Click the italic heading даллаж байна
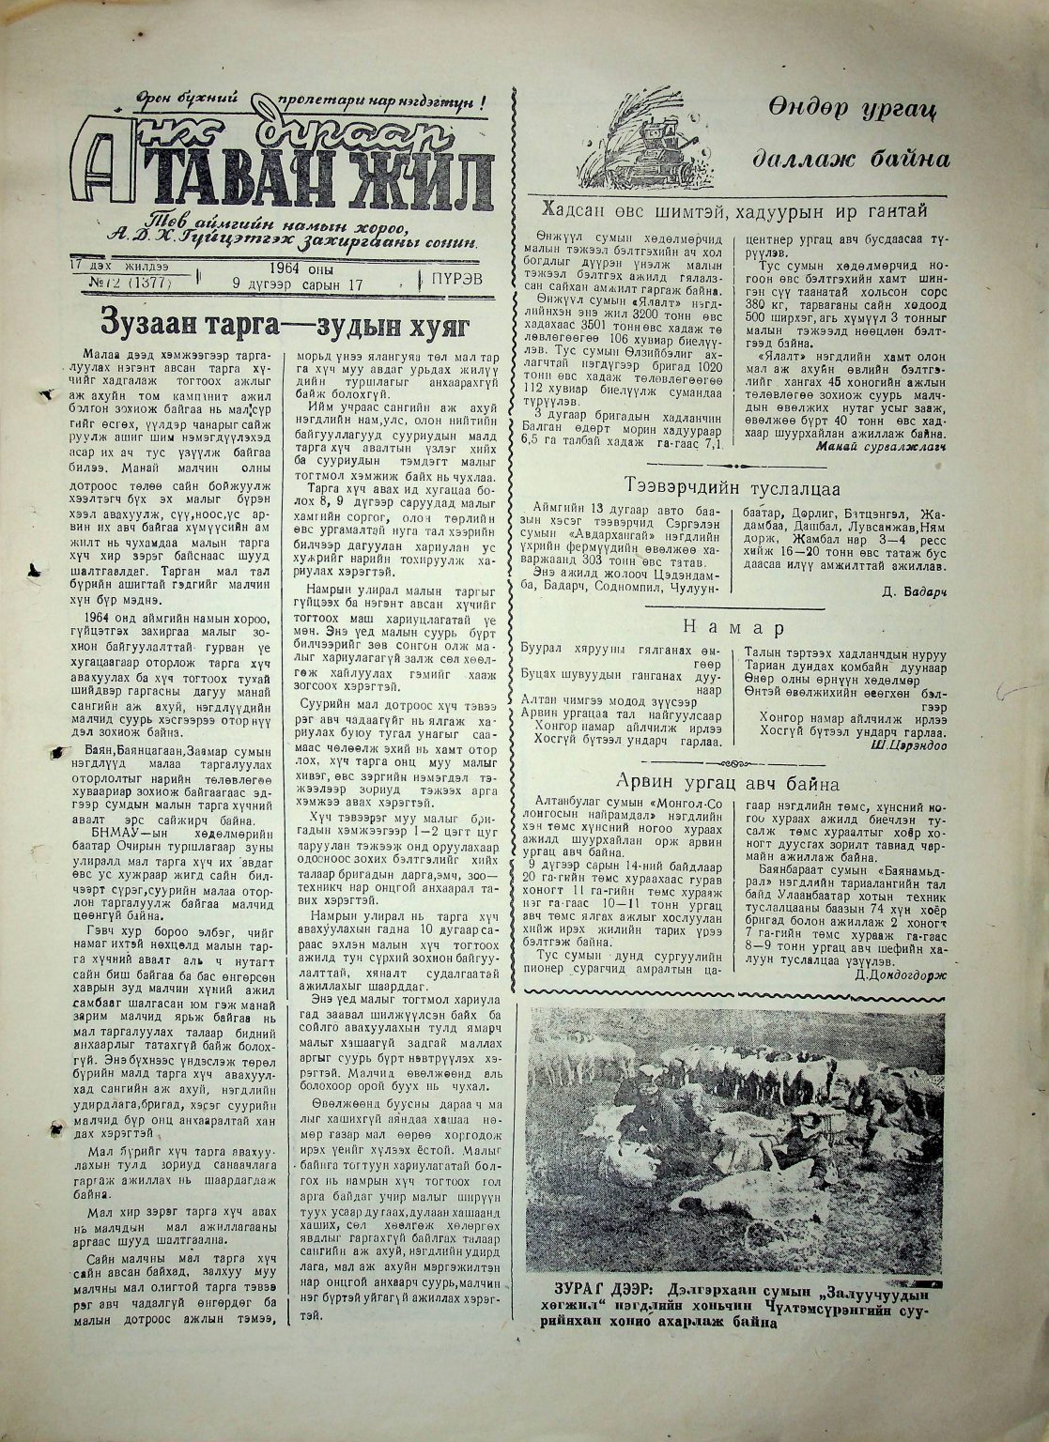point(851,159)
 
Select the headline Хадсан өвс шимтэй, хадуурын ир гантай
point(741,210)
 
